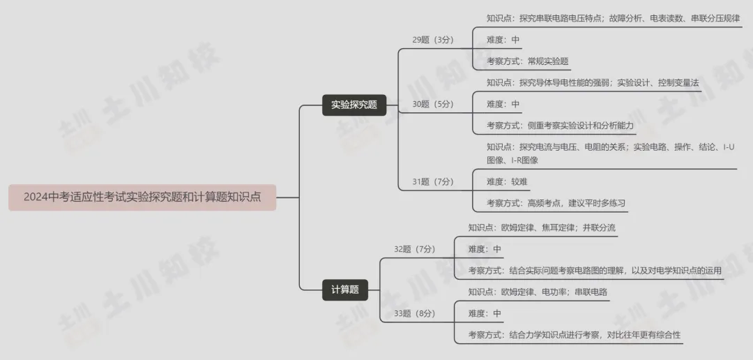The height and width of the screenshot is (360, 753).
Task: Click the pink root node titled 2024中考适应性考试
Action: [142, 197]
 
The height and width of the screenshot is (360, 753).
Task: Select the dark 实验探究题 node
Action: [354, 105]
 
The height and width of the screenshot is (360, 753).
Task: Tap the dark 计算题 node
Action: [345, 290]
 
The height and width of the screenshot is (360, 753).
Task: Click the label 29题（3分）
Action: [432, 40]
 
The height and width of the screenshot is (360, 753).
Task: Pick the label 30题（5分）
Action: [432, 104]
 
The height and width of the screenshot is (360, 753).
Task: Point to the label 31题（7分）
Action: [432, 182]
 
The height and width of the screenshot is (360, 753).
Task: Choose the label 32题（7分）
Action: [414, 249]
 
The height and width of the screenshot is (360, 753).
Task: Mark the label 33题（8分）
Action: [414, 313]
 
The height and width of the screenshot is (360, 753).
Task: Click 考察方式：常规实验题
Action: [527, 61]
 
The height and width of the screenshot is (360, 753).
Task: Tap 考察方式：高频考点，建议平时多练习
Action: [556, 204]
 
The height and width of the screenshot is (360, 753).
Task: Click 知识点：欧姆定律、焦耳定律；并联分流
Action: [542, 227]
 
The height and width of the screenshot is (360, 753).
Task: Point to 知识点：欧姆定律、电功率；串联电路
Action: [538, 292]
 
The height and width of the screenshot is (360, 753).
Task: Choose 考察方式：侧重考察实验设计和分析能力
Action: [560, 125]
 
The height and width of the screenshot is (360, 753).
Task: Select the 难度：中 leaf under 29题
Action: [503, 40]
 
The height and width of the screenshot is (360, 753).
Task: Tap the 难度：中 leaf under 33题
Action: [485, 313]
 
